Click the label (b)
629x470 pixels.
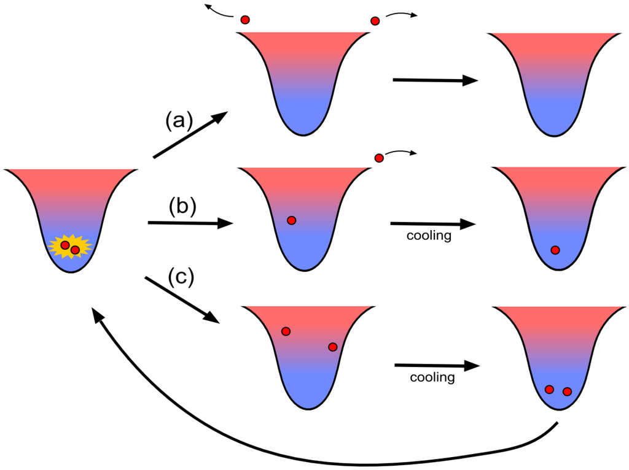[x=182, y=207]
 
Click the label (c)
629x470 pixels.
[x=181, y=277]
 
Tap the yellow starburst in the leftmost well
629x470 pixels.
[x=69, y=247]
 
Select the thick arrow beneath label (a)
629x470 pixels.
[x=190, y=136]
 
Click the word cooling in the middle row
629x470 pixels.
[x=429, y=236]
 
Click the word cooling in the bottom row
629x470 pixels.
[x=432, y=377]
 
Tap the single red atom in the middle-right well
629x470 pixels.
[x=555, y=250]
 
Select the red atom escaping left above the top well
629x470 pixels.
[x=245, y=20]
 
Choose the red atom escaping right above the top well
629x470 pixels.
[x=375, y=21]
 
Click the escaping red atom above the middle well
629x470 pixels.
[x=379, y=158]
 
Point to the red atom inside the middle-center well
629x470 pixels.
[x=292, y=220]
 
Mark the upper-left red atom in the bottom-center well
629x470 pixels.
[x=286, y=331]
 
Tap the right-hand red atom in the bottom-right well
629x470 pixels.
[x=567, y=391]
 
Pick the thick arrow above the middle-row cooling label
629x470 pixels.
[x=433, y=224]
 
